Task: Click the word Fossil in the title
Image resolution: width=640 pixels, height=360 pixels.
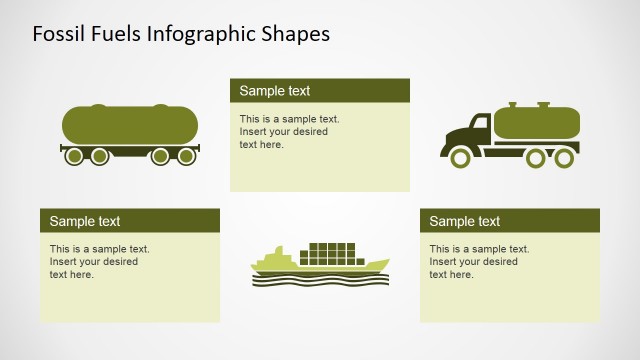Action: [x=56, y=34]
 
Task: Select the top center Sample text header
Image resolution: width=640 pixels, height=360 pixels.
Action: [x=275, y=91]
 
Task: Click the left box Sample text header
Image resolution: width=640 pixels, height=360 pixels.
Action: [x=85, y=221]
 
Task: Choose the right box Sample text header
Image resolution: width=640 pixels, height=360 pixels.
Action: [x=465, y=221]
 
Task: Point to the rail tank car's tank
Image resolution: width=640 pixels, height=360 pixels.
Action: [x=129, y=124]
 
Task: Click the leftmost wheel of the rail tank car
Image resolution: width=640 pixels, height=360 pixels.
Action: [x=73, y=156]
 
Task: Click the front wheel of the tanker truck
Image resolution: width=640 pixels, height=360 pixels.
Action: [x=461, y=157]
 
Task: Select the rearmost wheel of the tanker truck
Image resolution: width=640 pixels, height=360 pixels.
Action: [x=564, y=157]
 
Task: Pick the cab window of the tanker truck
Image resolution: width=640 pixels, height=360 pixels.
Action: [x=478, y=128]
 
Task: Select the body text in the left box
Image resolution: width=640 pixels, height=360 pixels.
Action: [x=94, y=261]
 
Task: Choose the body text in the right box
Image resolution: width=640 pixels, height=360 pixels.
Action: [x=474, y=261]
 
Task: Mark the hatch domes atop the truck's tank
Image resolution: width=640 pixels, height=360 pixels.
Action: [x=527, y=104]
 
